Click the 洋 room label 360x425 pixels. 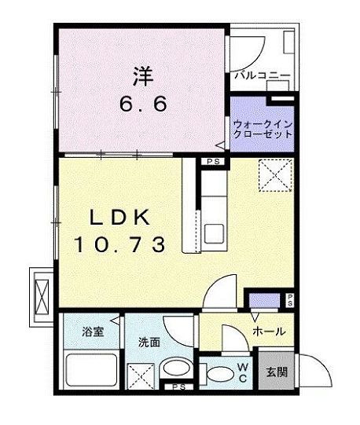[x=142, y=78]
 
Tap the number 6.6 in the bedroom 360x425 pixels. [x=142, y=104]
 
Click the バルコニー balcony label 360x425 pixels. [x=262, y=76]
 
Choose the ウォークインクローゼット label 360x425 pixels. [x=262, y=128]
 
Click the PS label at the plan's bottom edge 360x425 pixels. [x=178, y=387]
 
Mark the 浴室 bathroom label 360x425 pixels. [x=93, y=332]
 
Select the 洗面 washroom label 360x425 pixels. [x=149, y=343]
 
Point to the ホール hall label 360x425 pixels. [x=268, y=332]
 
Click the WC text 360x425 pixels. [x=243, y=372]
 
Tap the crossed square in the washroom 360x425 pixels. [x=140, y=377]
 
